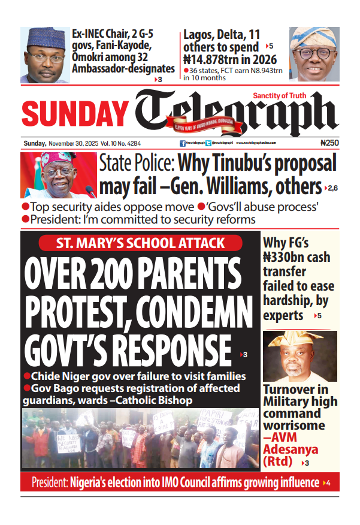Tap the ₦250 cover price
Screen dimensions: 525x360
[329, 143]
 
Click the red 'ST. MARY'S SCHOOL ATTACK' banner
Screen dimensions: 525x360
[141, 243]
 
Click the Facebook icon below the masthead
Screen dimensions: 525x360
[182, 144]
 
